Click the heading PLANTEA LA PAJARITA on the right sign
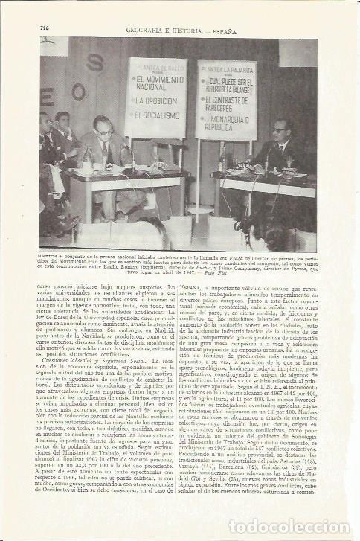click(x=226, y=68)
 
